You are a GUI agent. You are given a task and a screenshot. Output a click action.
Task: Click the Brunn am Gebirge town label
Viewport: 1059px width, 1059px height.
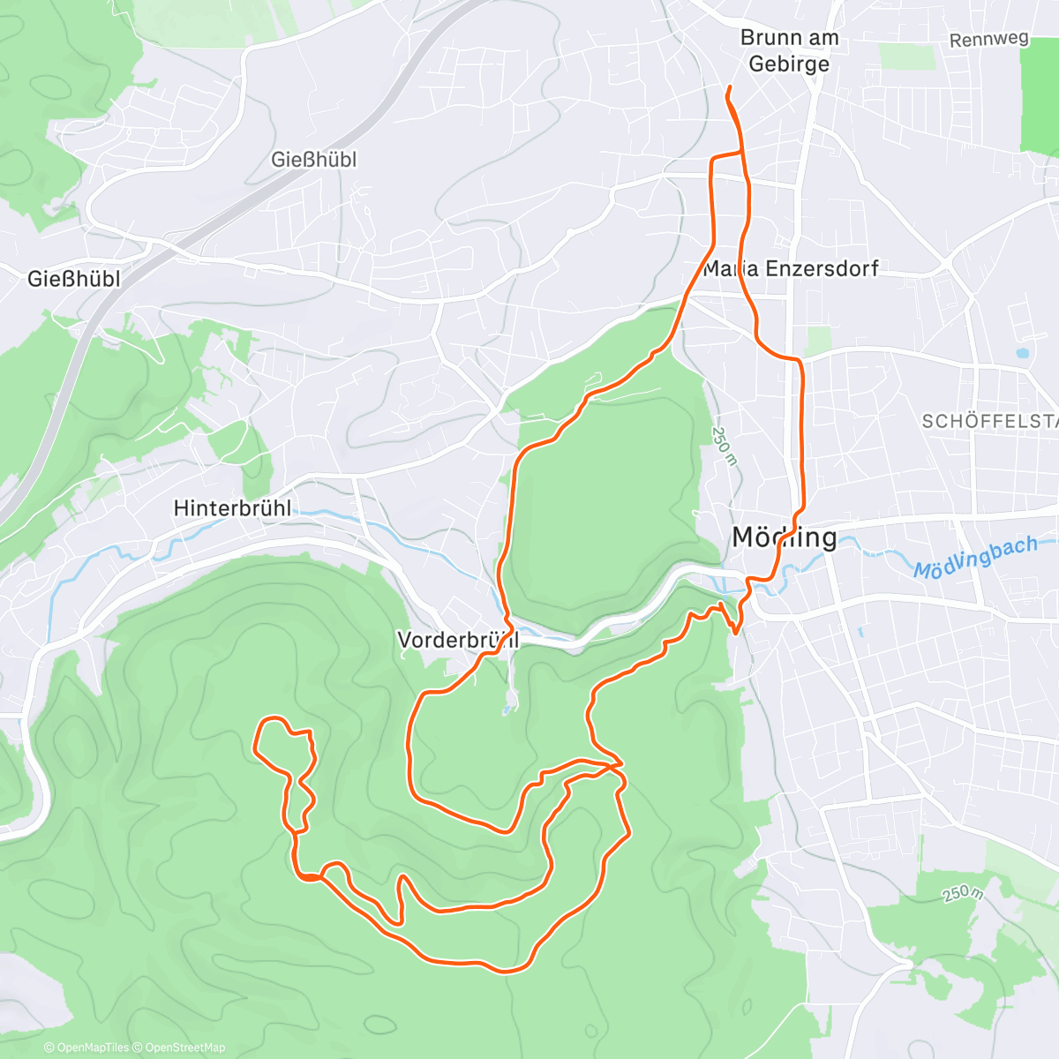point(788,50)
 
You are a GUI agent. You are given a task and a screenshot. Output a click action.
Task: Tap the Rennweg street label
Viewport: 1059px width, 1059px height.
point(989,40)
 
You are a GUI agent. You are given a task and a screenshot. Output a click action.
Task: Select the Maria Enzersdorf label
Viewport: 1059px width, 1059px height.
point(791,268)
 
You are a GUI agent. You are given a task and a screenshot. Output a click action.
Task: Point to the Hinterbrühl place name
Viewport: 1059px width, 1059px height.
point(232,508)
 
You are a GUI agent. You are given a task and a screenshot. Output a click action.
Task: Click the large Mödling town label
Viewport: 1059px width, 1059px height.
point(785,537)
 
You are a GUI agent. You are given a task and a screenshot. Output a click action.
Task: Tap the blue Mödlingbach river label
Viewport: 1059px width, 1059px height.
point(975,558)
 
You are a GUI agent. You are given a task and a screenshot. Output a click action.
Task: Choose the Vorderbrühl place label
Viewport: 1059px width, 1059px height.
point(458,640)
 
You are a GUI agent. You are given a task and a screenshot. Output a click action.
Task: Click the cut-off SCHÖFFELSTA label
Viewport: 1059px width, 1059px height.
point(988,422)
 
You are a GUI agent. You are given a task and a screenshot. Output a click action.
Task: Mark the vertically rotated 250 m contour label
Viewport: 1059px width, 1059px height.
point(724,446)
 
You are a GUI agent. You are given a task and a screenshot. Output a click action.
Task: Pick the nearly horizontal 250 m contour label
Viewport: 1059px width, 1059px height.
point(961,893)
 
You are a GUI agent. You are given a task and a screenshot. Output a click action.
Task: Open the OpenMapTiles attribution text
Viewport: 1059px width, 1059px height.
point(86,1048)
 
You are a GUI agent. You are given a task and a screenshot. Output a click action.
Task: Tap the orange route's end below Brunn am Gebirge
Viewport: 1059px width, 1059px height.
point(728,89)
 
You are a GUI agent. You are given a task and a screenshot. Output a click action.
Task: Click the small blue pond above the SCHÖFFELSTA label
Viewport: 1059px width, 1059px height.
point(1022,352)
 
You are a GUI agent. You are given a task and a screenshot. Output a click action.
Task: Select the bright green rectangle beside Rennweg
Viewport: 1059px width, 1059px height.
point(1039,97)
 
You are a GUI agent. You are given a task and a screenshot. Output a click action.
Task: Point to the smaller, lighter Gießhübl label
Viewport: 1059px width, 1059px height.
point(313,160)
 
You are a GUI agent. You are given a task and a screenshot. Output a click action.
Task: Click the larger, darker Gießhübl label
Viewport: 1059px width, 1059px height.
point(73,279)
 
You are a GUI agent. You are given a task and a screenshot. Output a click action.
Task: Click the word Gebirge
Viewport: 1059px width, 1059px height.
point(788,64)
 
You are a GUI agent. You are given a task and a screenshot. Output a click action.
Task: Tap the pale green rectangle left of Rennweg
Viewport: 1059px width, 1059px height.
point(906,56)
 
